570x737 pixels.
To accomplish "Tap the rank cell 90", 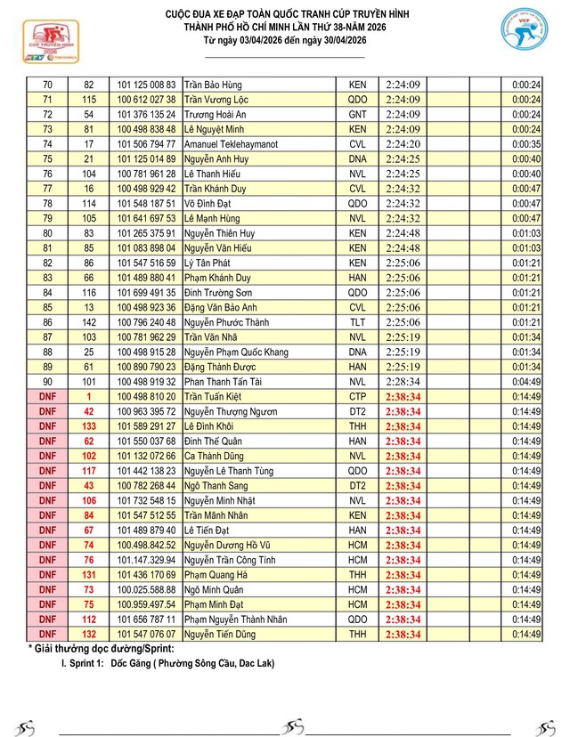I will coord(47,382).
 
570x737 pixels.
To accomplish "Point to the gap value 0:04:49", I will coord(527,382).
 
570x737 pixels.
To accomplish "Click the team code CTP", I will coord(357,396).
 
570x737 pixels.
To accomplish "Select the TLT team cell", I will coord(357,322).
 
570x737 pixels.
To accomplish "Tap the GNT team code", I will coord(357,114).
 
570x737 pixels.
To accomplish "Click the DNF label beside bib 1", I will coord(47,396).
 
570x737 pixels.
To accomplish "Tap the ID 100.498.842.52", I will coord(147,546).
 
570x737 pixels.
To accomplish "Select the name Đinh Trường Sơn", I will coord(218,292).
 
